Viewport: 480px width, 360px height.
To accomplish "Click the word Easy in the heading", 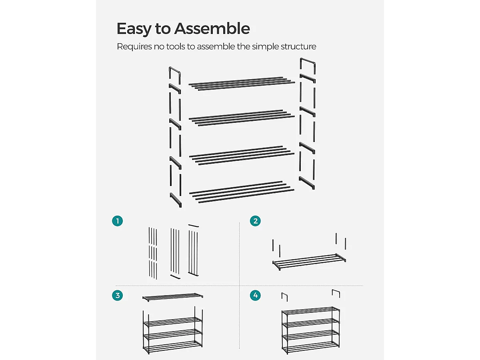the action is [134, 29].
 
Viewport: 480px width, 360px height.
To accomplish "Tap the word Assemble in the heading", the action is [212, 28].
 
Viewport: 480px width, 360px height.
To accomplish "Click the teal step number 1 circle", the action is [118, 221].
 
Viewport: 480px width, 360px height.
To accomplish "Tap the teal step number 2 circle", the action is [255, 221].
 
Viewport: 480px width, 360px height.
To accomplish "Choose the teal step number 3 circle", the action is [118, 295].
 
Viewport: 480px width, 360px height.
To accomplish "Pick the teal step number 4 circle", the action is [255, 295].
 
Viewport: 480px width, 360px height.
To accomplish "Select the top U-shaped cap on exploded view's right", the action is [308, 61].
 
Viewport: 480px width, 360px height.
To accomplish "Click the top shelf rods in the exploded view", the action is [242, 84].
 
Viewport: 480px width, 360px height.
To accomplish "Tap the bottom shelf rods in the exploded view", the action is [242, 192].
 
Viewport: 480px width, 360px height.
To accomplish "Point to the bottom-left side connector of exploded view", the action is [176, 200].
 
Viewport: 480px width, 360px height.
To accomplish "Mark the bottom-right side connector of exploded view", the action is [307, 183].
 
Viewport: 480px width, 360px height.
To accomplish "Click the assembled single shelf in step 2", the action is [309, 262].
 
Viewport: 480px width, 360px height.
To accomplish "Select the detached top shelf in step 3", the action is [172, 297].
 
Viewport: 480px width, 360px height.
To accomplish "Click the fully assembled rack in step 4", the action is [311, 330].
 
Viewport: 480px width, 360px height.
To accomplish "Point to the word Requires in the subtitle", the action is [134, 46].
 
